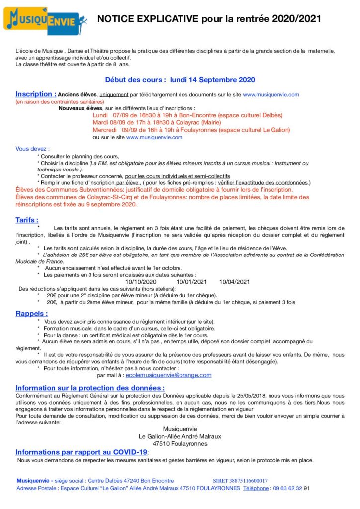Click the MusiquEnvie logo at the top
click(46, 20)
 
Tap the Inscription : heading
click(36, 94)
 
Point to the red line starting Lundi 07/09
click(187, 115)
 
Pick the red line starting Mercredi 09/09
click(191, 130)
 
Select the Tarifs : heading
click(27, 220)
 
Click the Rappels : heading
click(32, 314)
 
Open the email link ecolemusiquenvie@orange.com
click(168, 375)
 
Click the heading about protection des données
click(90, 388)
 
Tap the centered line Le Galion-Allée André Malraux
click(180, 436)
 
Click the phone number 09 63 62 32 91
click(292, 488)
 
